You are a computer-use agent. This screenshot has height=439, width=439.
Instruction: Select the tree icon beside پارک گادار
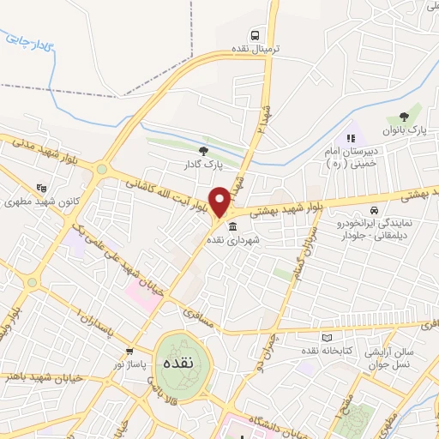(203, 150)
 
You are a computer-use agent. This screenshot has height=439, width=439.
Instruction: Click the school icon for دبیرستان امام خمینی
(350, 138)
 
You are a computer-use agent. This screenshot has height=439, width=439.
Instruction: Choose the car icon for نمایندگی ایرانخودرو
(373, 210)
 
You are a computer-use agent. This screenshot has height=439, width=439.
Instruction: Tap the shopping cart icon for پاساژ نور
(129, 351)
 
